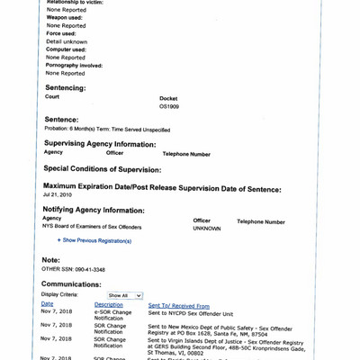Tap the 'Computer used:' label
click(x=66, y=49)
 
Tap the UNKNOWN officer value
click(x=206, y=229)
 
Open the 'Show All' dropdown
click(x=124, y=295)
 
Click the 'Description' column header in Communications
click(x=108, y=305)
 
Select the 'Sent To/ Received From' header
click(x=178, y=305)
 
